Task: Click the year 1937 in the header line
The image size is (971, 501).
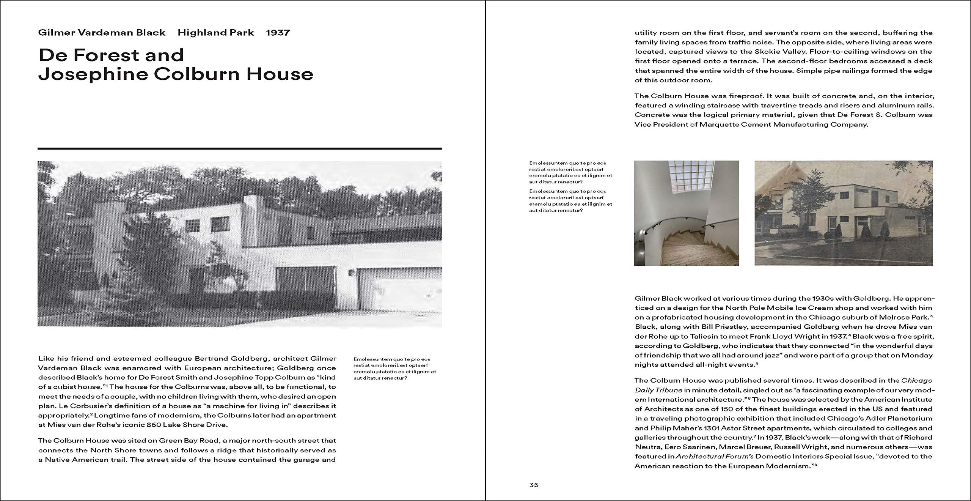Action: [x=278, y=33]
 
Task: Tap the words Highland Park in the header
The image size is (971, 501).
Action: [x=216, y=33]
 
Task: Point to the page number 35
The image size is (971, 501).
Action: [x=534, y=485]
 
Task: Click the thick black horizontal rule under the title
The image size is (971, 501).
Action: [x=239, y=148]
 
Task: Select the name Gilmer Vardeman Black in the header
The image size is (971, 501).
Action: [x=102, y=33]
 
